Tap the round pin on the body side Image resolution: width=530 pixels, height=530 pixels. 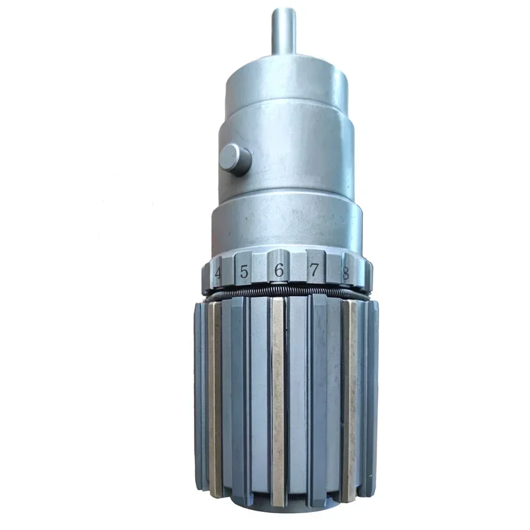(x=235, y=160)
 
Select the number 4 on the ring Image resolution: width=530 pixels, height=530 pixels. (x=218, y=273)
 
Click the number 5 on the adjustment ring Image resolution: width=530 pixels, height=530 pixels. (x=244, y=271)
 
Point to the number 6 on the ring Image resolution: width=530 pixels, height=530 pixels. (x=279, y=270)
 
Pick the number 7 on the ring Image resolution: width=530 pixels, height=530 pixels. (x=314, y=270)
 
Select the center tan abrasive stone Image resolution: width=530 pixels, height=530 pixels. (x=278, y=402)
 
